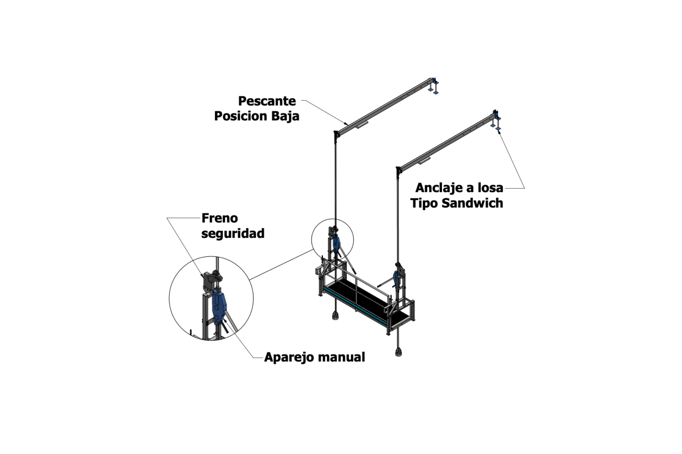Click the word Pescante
coord(267,101)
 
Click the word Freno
coord(220,218)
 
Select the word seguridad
coord(233,233)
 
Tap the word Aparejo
coord(287,357)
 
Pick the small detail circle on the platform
coord(332,240)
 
